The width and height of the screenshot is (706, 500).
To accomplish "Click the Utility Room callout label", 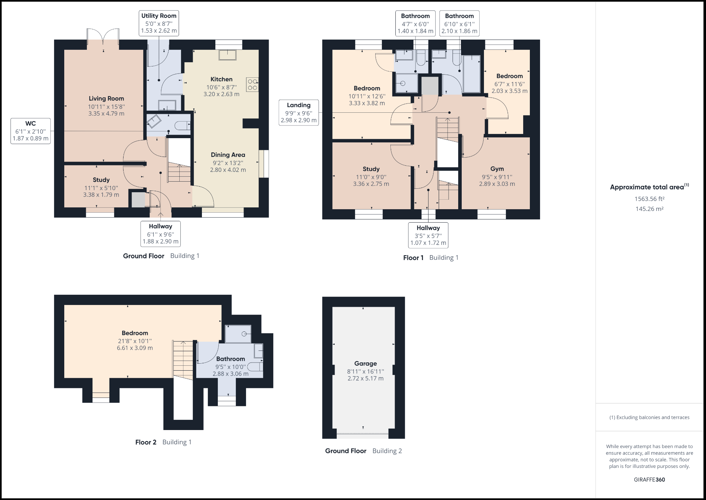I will click(158, 23).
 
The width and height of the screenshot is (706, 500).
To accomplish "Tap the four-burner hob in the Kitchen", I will click(252, 84).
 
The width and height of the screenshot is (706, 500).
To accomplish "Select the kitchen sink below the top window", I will click(227, 55).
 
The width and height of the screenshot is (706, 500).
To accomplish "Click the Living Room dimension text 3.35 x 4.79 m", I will click(106, 113).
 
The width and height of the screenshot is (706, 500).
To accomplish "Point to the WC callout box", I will click(30, 131).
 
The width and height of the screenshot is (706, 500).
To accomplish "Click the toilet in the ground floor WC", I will click(183, 125).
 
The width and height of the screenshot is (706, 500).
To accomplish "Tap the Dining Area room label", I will click(228, 155).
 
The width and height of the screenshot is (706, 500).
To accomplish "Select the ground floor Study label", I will click(101, 180).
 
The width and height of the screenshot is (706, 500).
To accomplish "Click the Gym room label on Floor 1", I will click(497, 169).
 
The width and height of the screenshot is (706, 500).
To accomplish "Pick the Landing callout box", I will click(299, 113).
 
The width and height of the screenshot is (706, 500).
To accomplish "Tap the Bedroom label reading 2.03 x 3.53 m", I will click(509, 91).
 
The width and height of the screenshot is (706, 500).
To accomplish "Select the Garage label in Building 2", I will click(365, 364).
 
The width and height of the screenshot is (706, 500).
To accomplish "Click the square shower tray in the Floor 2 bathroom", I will click(238, 334).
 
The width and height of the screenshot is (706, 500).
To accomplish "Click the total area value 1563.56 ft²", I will click(649, 199).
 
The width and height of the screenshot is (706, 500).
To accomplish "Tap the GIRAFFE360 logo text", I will click(649, 480).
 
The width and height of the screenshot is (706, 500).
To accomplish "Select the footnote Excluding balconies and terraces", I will click(649, 417).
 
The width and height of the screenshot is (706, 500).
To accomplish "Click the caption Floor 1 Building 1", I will click(431, 258).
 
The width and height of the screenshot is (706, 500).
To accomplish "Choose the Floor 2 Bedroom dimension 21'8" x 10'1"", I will click(135, 341).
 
